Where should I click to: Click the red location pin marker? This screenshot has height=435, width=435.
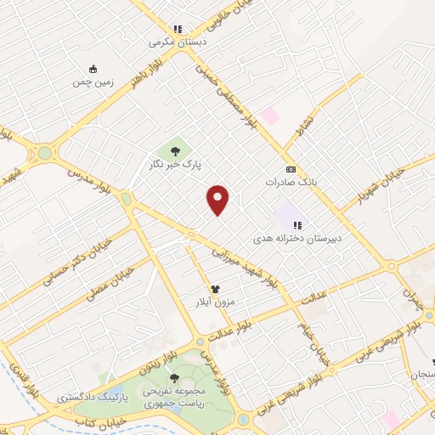tap(219, 199)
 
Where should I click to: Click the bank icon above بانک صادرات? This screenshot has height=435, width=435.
tap(291, 169)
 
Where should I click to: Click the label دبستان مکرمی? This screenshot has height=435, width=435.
tap(178, 42)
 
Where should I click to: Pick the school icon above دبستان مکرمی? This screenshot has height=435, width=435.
tap(178, 28)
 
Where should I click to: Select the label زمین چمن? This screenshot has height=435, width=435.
tap(93, 82)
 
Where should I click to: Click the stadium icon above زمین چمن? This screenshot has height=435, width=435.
tap(93, 69)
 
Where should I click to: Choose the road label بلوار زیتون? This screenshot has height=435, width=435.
tap(159, 362)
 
